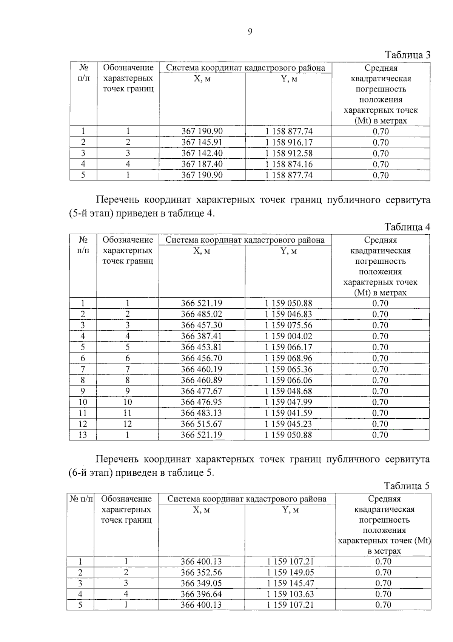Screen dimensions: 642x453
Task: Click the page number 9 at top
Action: [x=250, y=32]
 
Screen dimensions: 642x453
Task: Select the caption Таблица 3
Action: [x=407, y=55]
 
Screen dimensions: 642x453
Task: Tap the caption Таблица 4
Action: [x=407, y=227]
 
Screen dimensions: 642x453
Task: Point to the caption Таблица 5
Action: [x=407, y=486]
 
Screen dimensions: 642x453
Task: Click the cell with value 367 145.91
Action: [x=202, y=142]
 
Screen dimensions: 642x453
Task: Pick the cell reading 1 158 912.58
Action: [x=289, y=153]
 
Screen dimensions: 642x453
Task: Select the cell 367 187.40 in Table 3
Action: [x=202, y=164]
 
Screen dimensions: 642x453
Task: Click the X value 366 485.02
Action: [x=201, y=314]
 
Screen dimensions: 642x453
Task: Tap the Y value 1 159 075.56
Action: [x=288, y=325]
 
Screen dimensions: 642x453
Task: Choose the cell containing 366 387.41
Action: [x=201, y=336]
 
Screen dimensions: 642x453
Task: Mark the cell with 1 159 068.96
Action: [x=288, y=358]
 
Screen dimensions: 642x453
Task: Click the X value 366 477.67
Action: [x=201, y=391]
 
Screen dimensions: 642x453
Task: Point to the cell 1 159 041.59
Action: [x=288, y=413]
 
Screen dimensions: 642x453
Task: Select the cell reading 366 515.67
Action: [x=201, y=424]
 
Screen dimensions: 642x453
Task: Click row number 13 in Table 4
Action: [x=82, y=435]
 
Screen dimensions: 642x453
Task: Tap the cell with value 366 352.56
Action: [x=201, y=572]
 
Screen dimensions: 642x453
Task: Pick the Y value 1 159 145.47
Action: [x=290, y=583]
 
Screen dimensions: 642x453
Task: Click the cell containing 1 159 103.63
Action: [x=290, y=594]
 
